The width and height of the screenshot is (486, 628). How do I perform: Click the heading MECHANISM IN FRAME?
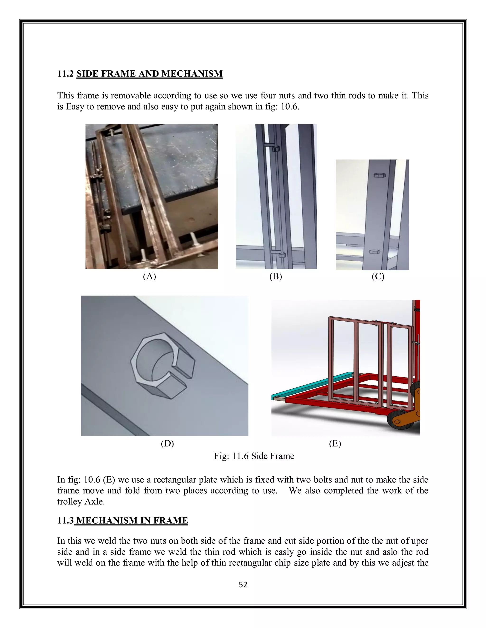point(132,520)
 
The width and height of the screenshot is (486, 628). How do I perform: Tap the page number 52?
point(243,585)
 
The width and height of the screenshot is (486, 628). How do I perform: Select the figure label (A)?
point(150,276)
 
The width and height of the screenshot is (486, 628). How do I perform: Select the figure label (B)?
point(276,276)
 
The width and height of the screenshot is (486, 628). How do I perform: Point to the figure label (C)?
point(378,276)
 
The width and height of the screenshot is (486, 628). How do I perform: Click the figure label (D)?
point(167,444)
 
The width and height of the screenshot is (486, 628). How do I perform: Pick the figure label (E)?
point(335,444)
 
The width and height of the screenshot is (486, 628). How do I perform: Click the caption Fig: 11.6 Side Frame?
point(254,456)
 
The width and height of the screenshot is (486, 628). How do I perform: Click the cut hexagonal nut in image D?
point(163,365)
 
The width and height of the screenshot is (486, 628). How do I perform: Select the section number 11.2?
point(65,74)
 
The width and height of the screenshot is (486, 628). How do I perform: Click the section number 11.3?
point(65,520)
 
